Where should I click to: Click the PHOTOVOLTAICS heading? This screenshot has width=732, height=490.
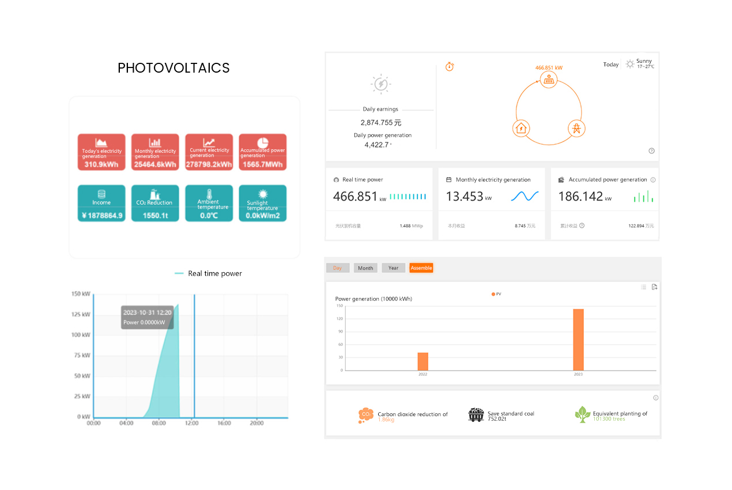[x=173, y=68]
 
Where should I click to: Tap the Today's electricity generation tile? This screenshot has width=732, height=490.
[x=101, y=152]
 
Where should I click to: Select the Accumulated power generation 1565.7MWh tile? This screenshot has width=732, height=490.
[x=262, y=152]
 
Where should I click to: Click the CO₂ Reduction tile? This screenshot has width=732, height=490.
[x=155, y=203]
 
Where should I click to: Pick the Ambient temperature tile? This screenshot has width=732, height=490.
[x=209, y=203]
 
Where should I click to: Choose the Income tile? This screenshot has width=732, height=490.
[x=101, y=203]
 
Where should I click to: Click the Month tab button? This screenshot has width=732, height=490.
[x=365, y=268]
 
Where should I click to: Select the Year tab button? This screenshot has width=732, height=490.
[x=393, y=268]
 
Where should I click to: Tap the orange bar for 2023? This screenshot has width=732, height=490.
[x=578, y=340]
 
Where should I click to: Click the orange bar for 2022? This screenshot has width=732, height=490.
[x=423, y=361]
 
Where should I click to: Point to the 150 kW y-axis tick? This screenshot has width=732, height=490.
[x=81, y=294]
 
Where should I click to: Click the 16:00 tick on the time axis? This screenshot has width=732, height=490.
[x=224, y=423]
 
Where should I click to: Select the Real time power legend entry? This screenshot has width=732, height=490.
[x=208, y=273]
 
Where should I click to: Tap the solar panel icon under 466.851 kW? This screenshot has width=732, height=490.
[x=549, y=80]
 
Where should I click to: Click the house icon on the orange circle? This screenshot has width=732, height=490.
[x=521, y=128]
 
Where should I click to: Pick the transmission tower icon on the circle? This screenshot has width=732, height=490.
[x=576, y=128]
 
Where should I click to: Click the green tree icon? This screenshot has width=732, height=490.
[x=582, y=414]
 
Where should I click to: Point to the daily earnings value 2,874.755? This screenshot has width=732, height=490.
[x=380, y=123]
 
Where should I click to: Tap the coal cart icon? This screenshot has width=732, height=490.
[x=476, y=414]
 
